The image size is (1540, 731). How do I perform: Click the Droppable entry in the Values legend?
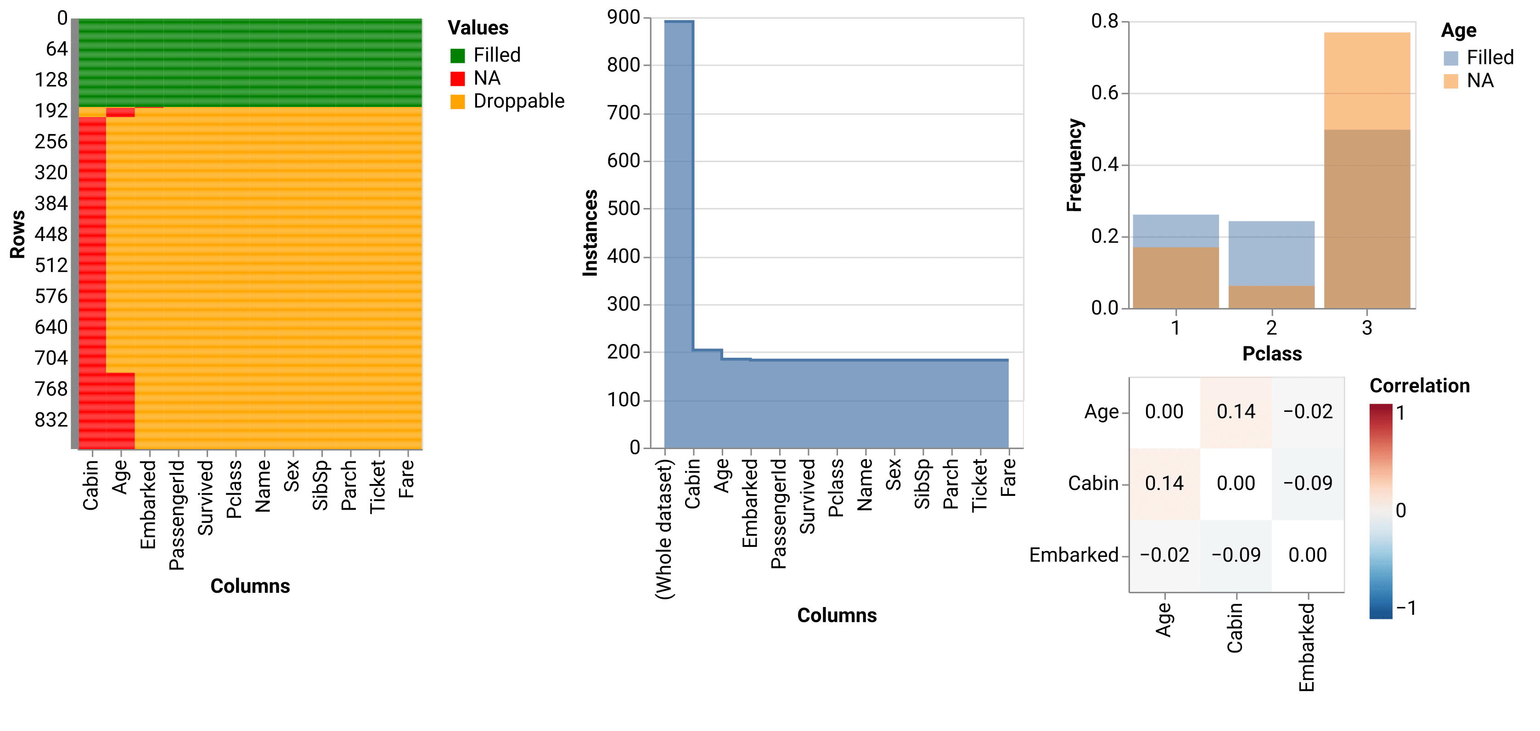518,101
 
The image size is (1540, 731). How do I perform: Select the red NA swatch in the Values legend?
457,79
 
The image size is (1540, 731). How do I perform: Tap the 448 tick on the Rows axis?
51,234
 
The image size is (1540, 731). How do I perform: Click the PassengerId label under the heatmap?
176,514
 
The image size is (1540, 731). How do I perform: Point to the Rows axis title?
17,234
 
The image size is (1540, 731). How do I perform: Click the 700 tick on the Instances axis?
623,112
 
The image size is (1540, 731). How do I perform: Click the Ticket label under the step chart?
979,485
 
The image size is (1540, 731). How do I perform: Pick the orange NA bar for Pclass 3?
1366,81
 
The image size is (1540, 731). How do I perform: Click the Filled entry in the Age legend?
1489,57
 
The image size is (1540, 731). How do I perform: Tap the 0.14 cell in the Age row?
1236,412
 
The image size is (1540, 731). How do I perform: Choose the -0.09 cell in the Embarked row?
1236,555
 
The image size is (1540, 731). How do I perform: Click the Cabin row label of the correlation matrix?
1093,483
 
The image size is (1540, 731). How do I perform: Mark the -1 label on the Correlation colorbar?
1405,608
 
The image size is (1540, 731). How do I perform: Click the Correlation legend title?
1419,386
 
